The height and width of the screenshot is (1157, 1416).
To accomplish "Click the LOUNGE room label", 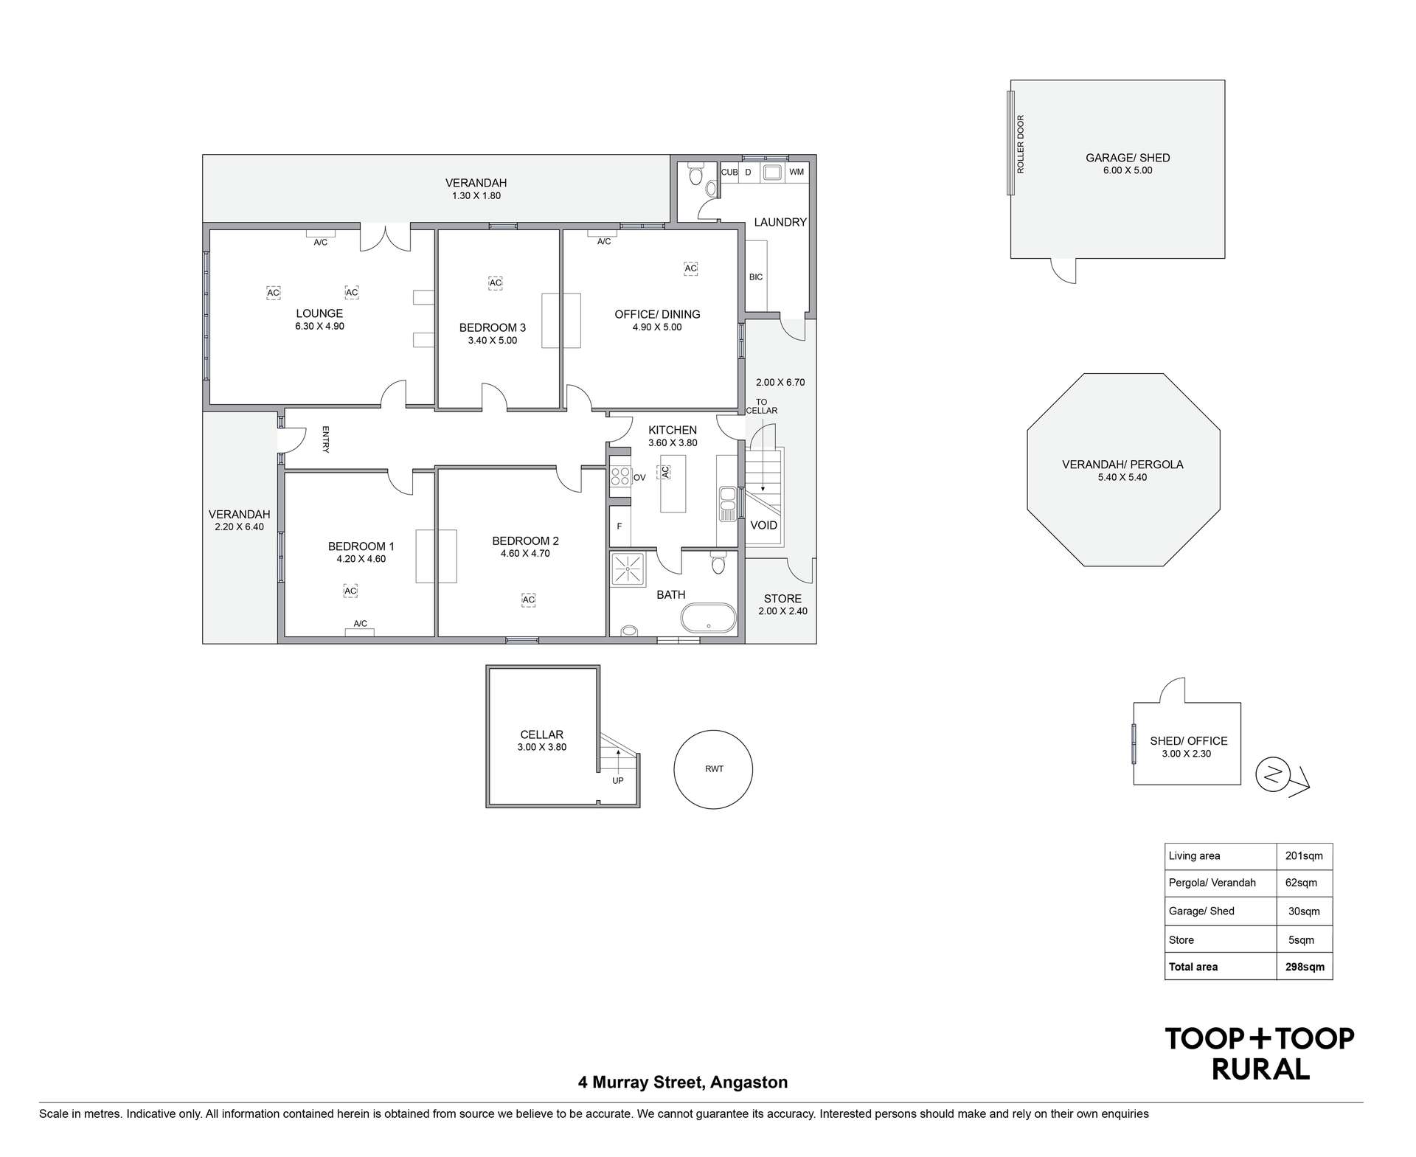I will point(319,314).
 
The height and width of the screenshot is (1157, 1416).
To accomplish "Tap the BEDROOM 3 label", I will point(492,328).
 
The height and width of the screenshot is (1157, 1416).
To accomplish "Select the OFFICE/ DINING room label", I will point(657,315).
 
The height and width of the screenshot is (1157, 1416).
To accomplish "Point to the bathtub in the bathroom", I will point(708,619).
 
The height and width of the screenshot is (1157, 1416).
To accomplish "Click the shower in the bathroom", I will point(628,569).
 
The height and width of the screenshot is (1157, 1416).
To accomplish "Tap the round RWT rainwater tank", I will point(713,769).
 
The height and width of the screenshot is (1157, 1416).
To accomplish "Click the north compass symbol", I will point(1274,775).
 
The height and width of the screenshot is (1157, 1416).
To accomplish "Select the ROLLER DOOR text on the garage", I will point(1021,145).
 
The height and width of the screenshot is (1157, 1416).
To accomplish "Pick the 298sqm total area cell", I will point(1304,967).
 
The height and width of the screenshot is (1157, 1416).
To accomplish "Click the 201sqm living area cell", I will point(1304,856).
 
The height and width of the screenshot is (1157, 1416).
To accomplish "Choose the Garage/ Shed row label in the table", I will point(1201,911).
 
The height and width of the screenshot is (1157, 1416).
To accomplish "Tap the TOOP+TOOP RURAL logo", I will point(1260,1053).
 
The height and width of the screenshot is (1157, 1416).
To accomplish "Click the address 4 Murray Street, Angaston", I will point(683,1083).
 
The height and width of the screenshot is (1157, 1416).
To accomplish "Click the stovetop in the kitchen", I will point(620,476).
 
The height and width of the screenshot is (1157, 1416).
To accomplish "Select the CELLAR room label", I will point(542,734).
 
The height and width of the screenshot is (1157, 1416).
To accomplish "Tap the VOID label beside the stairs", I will point(763,526).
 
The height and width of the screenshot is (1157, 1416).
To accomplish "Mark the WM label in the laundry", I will point(796,173).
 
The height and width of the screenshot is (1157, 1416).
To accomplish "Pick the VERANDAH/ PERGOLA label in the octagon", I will point(1122,465).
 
